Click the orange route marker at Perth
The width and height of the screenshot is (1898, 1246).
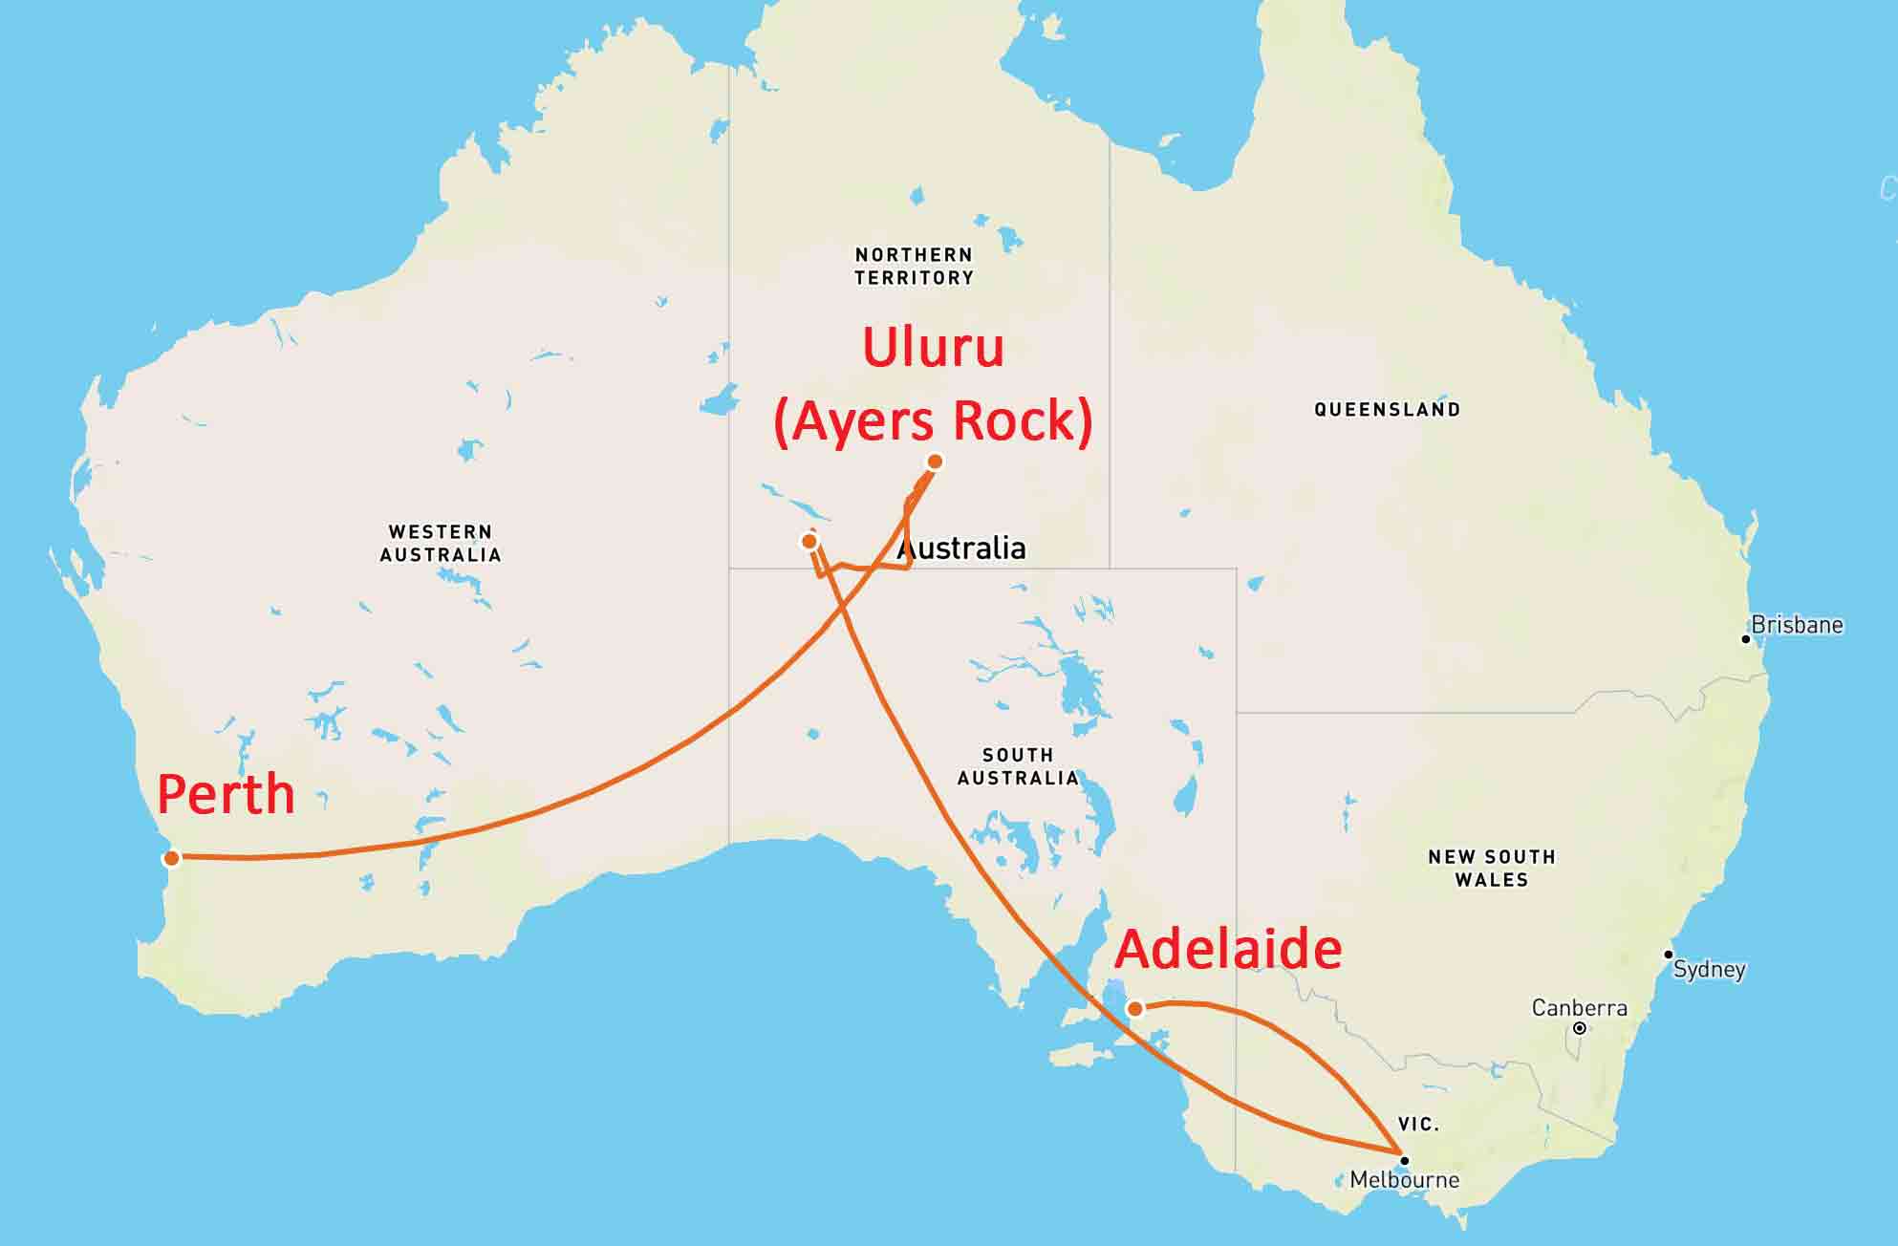171,857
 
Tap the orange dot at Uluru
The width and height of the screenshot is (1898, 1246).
935,462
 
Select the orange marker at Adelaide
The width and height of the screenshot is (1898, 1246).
1134,1008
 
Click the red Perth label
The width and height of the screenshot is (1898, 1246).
226,794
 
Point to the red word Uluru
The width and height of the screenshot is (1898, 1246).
933,347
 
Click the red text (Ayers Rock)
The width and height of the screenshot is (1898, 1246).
933,420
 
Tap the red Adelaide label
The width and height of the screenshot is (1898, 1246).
1228,950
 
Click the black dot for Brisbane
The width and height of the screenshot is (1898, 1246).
1745,638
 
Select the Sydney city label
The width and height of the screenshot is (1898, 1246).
1709,970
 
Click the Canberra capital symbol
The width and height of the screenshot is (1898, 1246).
1580,1028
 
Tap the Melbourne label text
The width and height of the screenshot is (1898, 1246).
1404,1180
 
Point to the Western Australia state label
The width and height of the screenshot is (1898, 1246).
441,543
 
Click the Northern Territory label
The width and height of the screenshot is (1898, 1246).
914,267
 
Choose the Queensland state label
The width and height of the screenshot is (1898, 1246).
1387,410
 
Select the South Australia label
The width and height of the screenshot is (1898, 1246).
1018,766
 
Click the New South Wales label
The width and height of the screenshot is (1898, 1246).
1491,868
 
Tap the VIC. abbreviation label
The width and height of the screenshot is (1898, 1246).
1418,1125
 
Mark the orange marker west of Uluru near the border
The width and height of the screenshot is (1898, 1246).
809,542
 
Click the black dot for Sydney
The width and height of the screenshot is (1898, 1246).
1668,955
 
